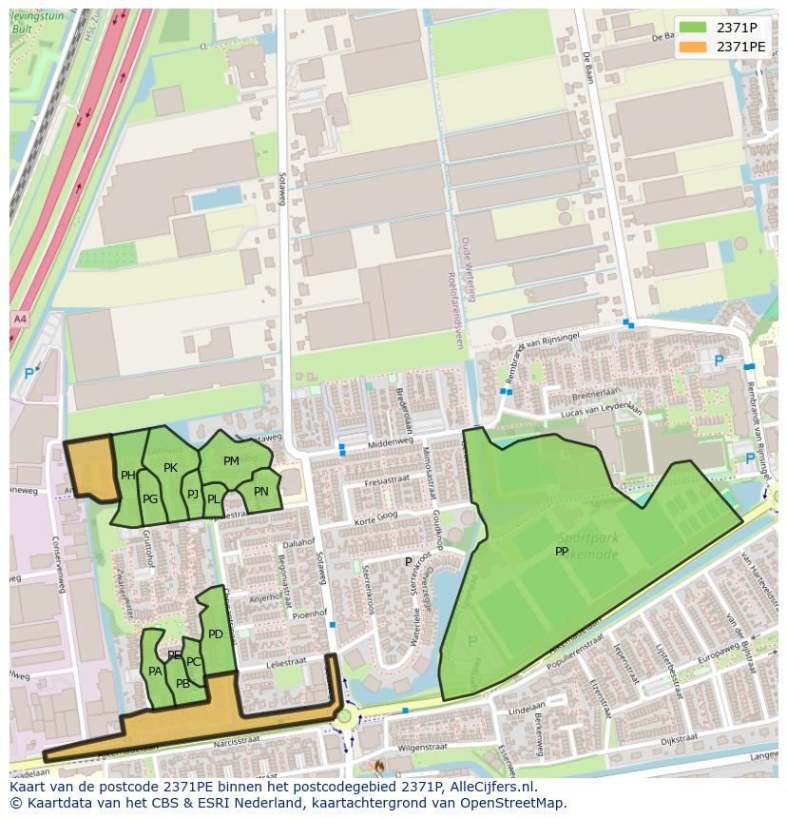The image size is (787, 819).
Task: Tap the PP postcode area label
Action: click(x=562, y=551)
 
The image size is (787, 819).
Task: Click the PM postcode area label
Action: click(x=231, y=461)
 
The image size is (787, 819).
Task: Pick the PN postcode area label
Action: click(x=261, y=492)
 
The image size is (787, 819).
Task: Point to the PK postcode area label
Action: click(x=171, y=467)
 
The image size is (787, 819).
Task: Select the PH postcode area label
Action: click(x=128, y=476)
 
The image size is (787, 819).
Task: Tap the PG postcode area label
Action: click(x=150, y=499)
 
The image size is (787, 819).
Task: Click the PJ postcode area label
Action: click(x=193, y=494)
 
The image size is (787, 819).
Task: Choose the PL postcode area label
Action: click(x=214, y=498)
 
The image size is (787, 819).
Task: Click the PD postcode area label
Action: click(x=216, y=634)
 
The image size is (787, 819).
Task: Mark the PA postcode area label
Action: click(x=155, y=671)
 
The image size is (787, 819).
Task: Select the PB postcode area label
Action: click(x=182, y=683)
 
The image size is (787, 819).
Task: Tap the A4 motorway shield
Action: click(x=20, y=318)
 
